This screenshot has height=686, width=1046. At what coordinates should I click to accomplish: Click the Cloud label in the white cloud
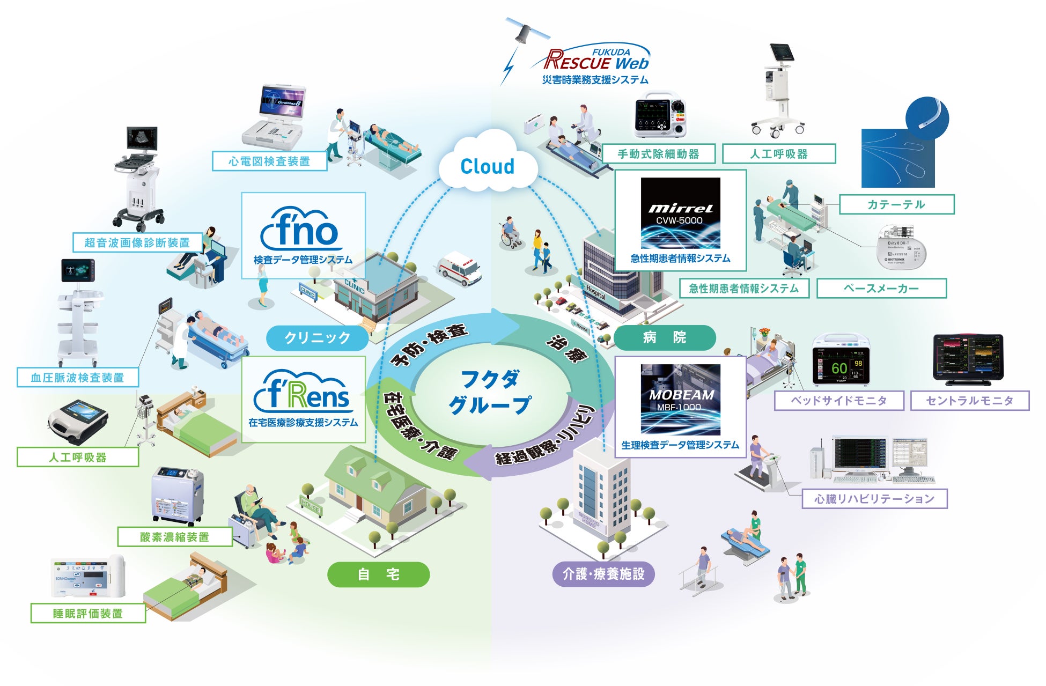pos(487,167)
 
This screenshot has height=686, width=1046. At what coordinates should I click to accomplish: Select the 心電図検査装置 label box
pos(269,161)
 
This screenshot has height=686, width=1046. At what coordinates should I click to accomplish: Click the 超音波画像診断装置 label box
pos(137,242)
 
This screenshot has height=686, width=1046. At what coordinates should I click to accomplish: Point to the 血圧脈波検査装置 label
pos(78,378)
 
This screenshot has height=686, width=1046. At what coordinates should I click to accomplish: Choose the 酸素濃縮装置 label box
pos(175,537)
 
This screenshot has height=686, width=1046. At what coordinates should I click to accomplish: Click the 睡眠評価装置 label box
pos(88,614)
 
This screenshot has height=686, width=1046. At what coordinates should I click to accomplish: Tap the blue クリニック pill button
pos(317,338)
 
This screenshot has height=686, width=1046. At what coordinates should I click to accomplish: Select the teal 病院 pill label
pos(664,338)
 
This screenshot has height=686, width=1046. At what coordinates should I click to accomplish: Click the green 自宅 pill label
pos(378,575)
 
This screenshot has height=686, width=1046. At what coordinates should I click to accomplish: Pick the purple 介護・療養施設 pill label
pos(603,574)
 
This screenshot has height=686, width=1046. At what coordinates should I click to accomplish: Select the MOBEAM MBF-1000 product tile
pos(680,400)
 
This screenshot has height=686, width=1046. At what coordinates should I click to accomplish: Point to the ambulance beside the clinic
pos(460,269)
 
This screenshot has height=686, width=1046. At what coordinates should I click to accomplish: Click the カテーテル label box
pos(896,204)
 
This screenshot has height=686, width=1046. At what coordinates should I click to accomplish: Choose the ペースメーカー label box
pos(881,289)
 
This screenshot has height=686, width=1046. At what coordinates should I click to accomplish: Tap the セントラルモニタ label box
pos(969,401)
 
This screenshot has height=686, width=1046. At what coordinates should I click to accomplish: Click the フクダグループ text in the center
pos(490,392)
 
